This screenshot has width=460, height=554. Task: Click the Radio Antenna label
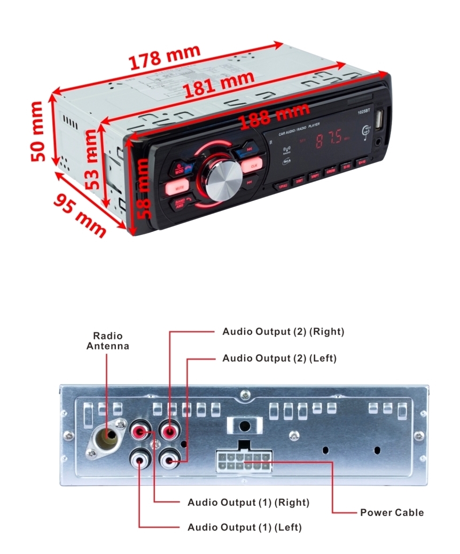coord(108,341)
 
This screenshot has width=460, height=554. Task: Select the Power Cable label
coord(392,513)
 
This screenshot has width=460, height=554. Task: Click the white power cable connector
coord(243,461)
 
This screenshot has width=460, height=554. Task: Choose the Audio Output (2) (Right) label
coord(283,332)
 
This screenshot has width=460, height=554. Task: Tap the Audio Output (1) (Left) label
coord(244,528)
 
